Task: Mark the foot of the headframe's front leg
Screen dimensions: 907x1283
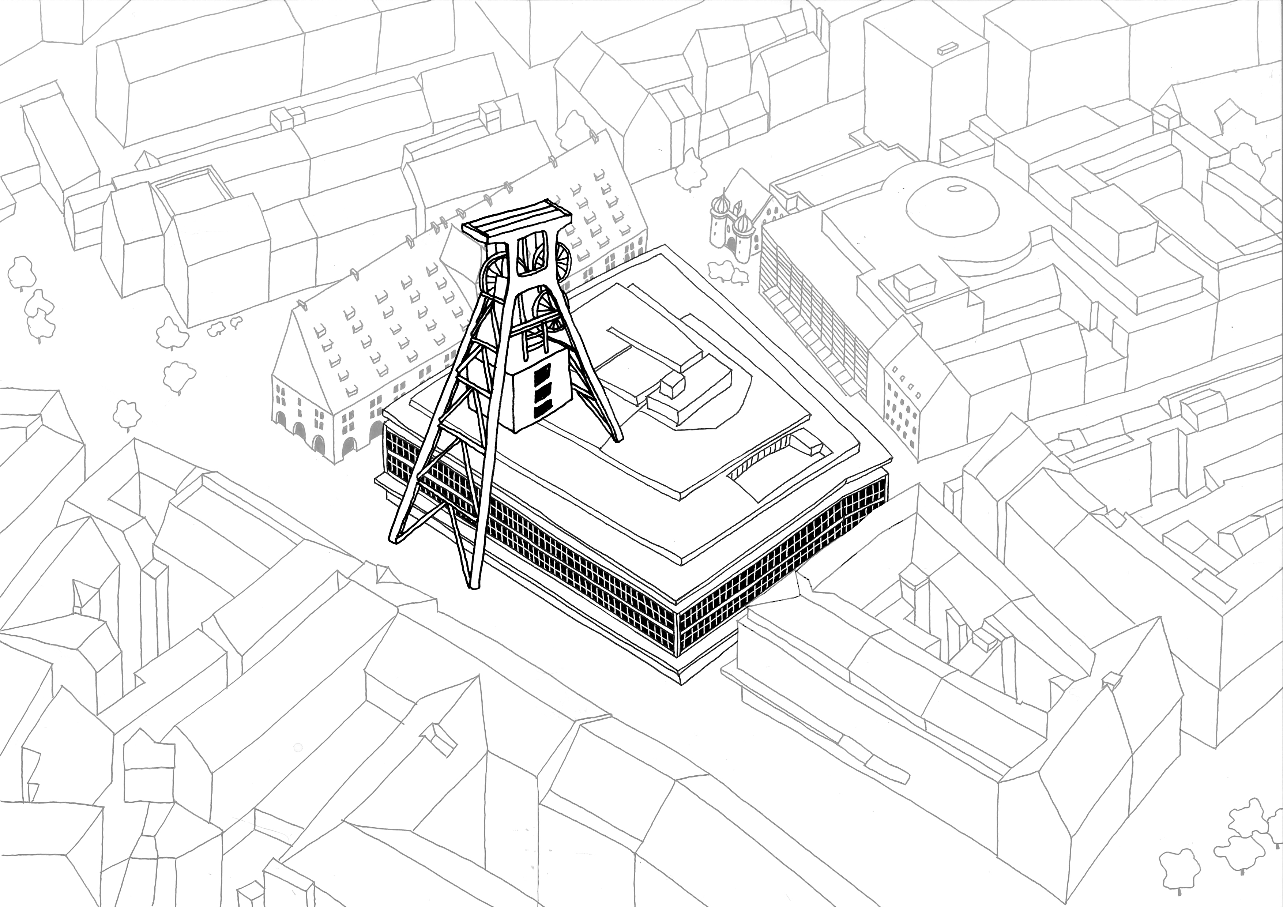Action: (x=474, y=584)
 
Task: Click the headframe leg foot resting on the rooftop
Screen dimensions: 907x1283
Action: (x=617, y=439)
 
